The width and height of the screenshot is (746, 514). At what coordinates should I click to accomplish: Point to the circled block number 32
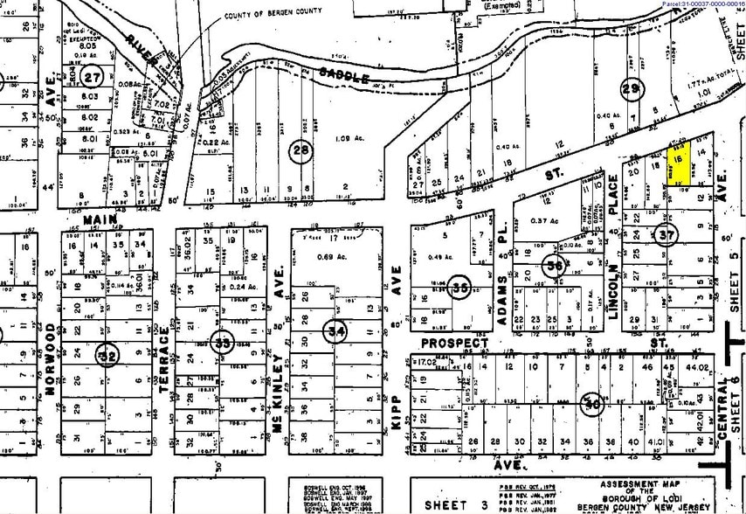[107, 356]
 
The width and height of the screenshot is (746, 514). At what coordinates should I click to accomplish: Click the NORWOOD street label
[50, 358]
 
